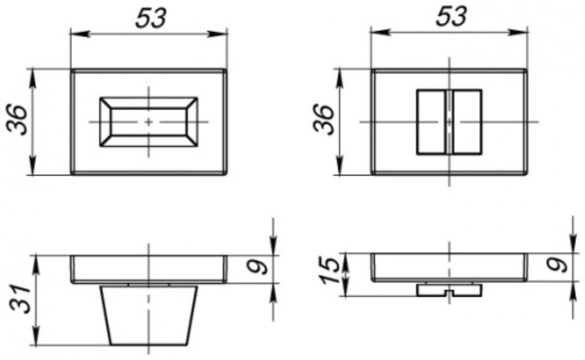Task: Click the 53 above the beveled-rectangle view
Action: point(150,18)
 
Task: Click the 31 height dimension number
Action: point(20,299)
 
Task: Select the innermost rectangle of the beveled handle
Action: point(148,121)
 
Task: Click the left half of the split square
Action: point(432,122)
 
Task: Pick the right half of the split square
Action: point(467,122)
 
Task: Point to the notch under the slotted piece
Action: point(449,294)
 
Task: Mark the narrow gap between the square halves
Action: point(449,122)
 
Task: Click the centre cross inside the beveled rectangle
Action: point(148,122)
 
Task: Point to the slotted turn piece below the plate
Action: point(449,289)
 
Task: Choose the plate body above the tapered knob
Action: point(148,269)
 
